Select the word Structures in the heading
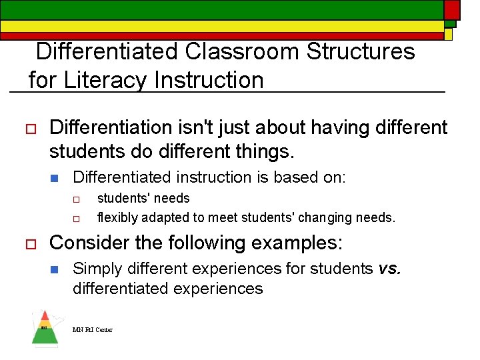[361, 51]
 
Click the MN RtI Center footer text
[93, 330]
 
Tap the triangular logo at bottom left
[45, 328]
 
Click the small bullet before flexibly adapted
[77, 218]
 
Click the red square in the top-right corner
[452, 9]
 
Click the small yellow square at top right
[449, 34]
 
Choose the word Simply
[94, 269]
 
